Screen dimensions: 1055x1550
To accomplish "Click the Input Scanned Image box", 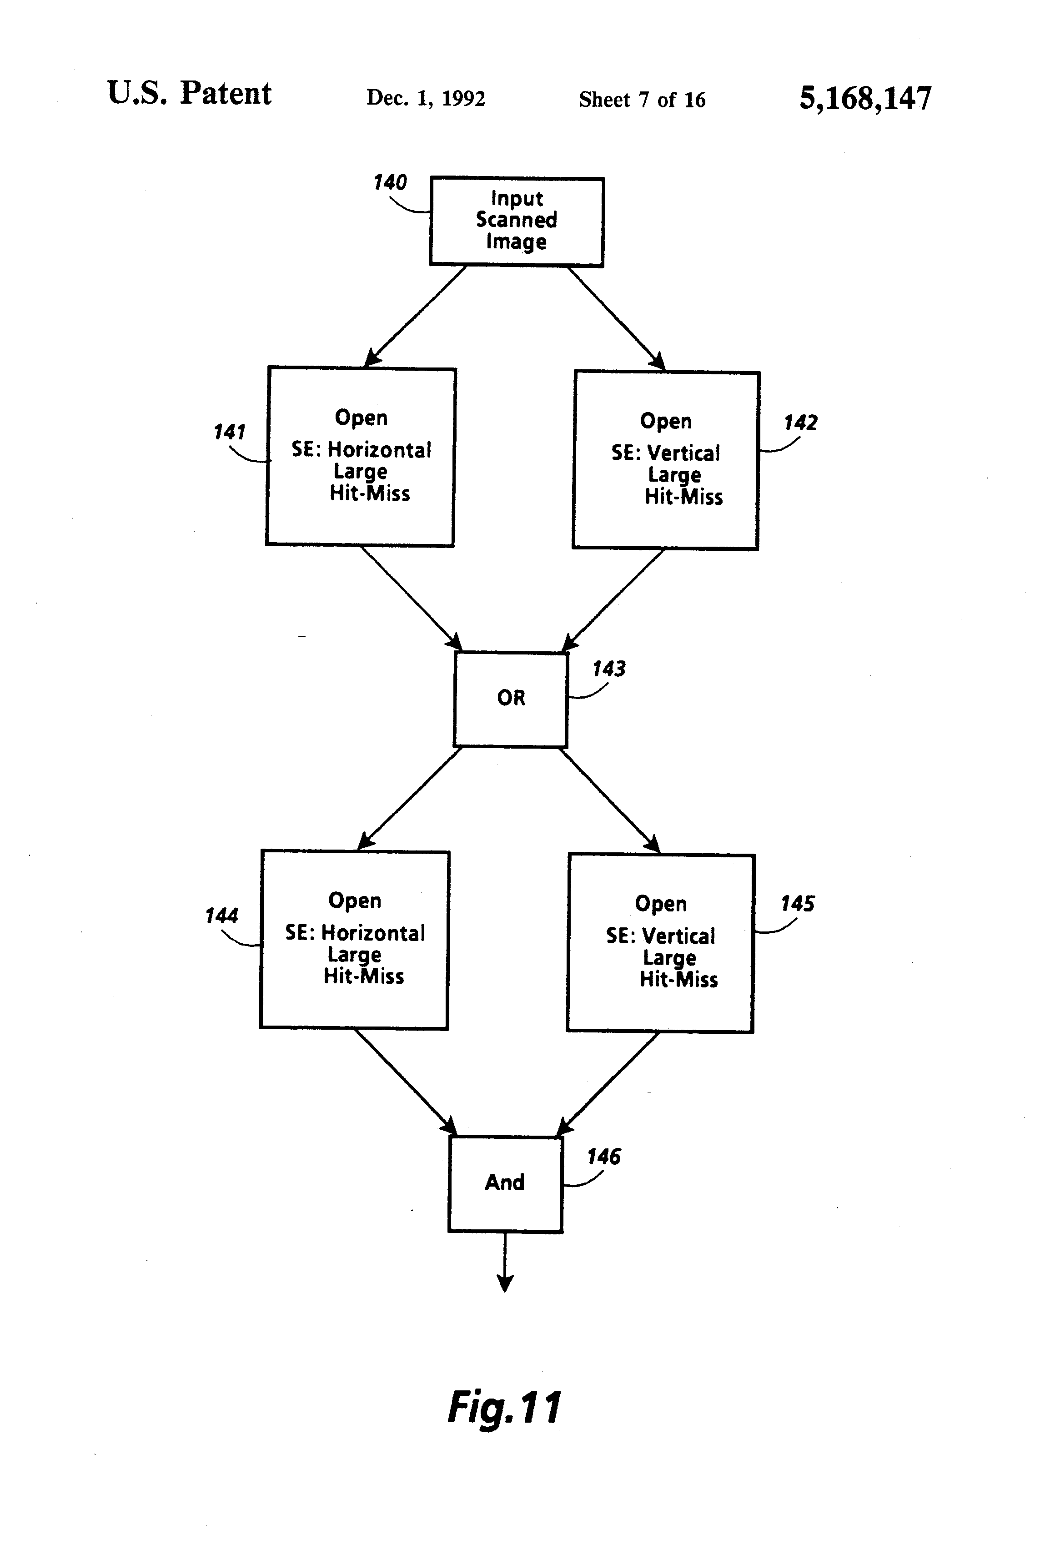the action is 517,221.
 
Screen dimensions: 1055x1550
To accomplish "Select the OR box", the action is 511,699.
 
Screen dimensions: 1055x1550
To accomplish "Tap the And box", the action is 506,1184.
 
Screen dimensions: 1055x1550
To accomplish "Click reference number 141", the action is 229,432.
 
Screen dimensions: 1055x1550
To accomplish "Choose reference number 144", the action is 221,915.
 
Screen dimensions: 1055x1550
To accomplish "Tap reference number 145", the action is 798,904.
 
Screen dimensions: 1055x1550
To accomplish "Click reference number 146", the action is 603,1157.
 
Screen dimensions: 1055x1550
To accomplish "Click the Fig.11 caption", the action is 504,1409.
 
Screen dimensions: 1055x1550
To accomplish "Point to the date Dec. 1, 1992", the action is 426,98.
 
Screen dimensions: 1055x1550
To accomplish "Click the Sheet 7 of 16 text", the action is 642,99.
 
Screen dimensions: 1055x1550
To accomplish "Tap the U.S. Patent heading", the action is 189,93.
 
